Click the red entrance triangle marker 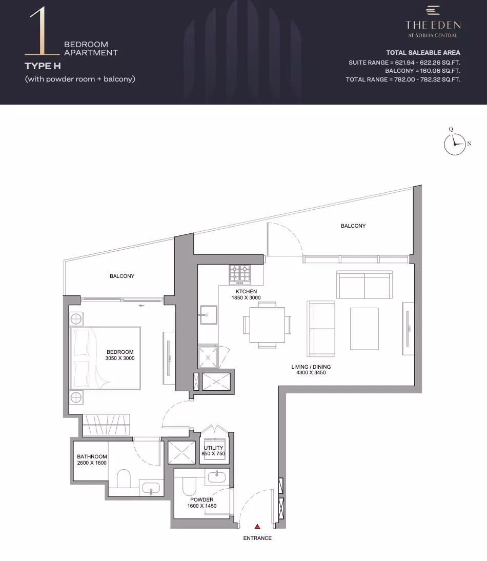click(257, 526)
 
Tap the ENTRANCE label click(257, 538)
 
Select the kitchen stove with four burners click(239, 275)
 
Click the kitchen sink click(208, 314)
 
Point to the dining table click(267, 325)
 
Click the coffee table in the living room click(364, 328)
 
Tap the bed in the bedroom click(106, 358)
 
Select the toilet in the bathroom click(124, 478)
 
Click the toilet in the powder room click(190, 485)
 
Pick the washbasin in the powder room click(217, 476)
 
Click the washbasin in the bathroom click(151, 488)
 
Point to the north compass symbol click(455, 144)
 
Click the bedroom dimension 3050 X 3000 click(120, 358)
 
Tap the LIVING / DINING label click(311, 367)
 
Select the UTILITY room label click(213, 448)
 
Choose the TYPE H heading click(43, 66)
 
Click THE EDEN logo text click(433, 25)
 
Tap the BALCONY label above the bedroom click(122, 276)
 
